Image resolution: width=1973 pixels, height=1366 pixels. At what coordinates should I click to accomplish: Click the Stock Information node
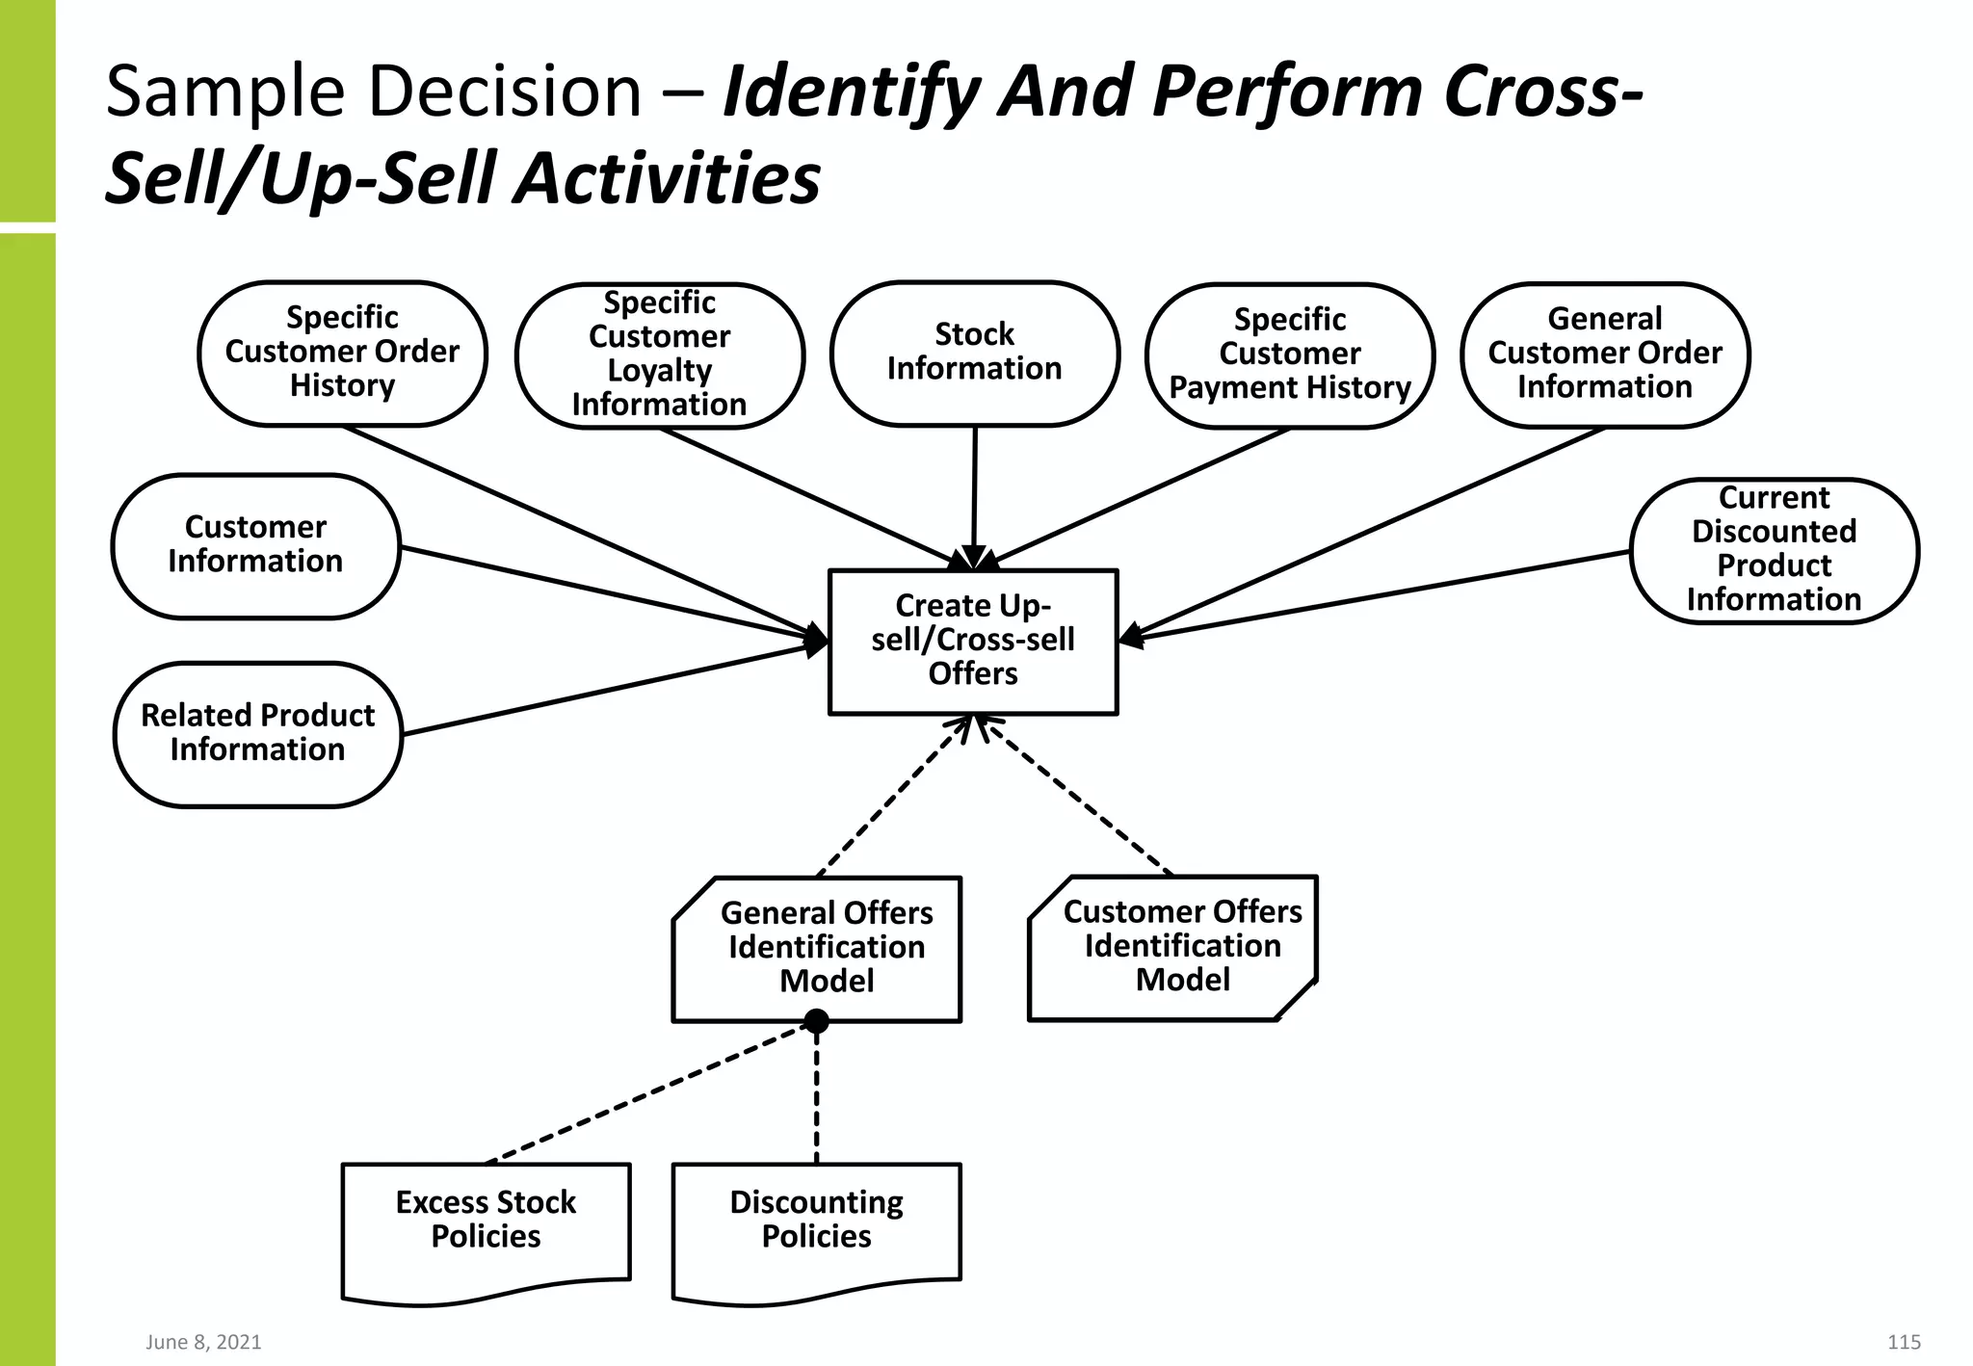point(974,353)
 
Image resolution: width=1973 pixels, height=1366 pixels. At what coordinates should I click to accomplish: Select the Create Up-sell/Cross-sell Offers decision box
point(973,641)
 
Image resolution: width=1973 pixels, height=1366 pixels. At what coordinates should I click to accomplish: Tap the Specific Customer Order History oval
point(342,353)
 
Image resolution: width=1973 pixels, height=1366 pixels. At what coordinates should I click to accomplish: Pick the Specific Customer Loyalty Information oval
point(659,355)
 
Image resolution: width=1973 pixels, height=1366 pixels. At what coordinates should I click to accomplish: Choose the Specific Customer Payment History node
point(1289,355)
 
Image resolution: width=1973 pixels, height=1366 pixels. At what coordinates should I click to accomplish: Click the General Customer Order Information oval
point(1604,354)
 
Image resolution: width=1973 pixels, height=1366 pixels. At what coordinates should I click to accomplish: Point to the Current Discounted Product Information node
point(1774,550)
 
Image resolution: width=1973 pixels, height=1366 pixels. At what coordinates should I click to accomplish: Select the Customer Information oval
point(255,545)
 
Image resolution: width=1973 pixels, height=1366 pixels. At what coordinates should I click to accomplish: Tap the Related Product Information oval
point(257,733)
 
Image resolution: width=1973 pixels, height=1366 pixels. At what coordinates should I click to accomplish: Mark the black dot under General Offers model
point(816,1021)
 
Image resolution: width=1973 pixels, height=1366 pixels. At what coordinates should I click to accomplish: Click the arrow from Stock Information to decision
point(974,491)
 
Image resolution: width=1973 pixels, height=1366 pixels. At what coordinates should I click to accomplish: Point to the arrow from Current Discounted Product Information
point(1378,594)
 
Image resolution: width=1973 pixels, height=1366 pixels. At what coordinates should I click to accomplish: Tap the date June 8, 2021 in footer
point(203,1342)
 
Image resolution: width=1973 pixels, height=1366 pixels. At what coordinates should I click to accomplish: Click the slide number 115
point(1904,1342)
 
